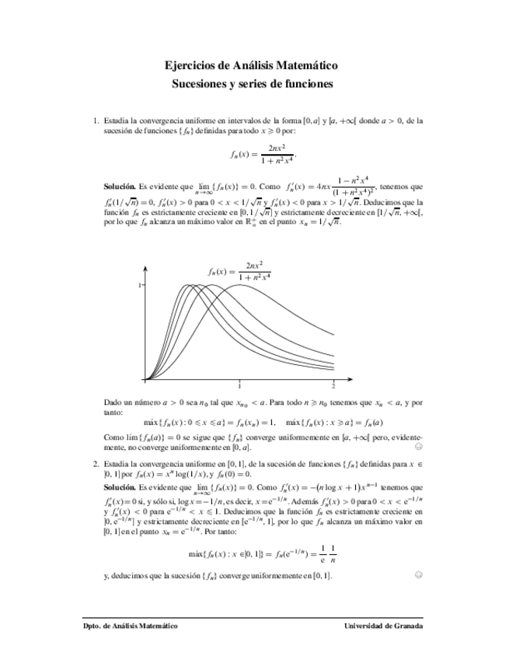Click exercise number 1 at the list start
(x=96, y=121)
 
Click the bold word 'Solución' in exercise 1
(x=119, y=187)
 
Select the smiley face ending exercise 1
(x=418, y=448)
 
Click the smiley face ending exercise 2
(x=418, y=575)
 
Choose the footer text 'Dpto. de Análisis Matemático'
(x=130, y=626)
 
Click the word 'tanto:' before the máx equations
(x=114, y=413)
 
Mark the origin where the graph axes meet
(x=145, y=380)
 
